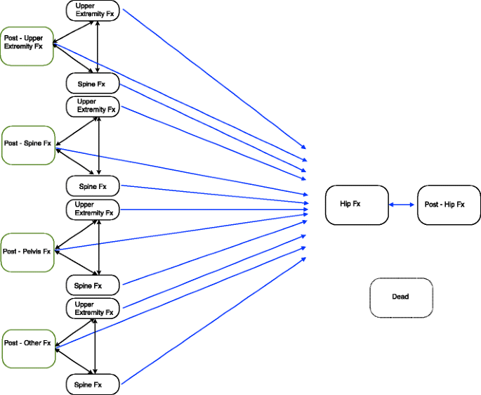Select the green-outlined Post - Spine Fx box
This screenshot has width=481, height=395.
point(28,145)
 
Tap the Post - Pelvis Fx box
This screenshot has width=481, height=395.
point(27,252)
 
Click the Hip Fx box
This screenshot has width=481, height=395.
point(356,205)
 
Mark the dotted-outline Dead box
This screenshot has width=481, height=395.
point(401,296)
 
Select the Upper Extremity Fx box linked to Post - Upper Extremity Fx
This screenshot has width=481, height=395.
point(93,10)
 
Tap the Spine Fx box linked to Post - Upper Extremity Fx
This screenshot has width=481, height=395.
point(93,84)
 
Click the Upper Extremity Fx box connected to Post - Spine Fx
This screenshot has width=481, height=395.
point(93,106)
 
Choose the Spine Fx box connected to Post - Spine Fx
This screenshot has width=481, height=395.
point(93,186)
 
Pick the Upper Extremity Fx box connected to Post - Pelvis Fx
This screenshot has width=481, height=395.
point(93,209)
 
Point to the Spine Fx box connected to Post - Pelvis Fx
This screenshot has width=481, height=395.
point(93,285)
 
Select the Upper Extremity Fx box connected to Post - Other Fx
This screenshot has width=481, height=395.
point(93,309)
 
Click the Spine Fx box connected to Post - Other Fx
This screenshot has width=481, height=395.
point(93,384)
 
